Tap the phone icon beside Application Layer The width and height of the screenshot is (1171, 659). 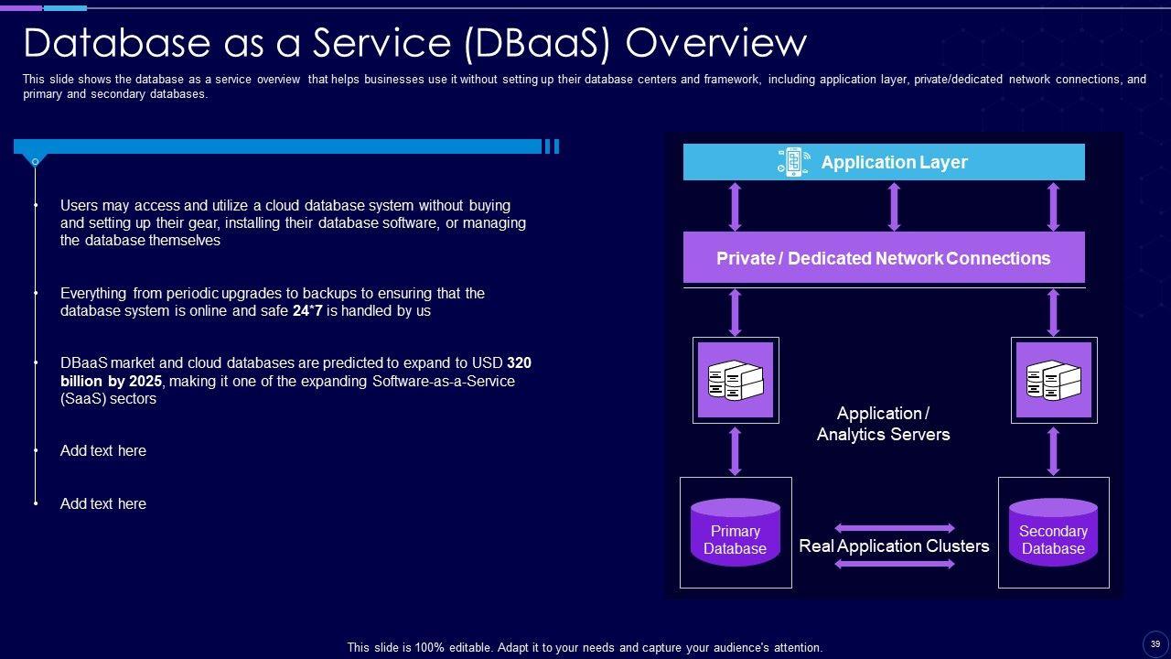[x=792, y=162]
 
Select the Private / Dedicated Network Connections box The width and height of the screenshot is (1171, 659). [x=883, y=258]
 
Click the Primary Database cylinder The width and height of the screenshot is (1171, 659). [x=736, y=533]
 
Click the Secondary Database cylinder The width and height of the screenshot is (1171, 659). [x=1053, y=533]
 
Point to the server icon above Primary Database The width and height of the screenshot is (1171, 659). [x=736, y=380]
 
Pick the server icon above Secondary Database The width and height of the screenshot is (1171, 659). [x=1054, y=380]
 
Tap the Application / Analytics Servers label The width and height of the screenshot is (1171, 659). [x=883, y=424]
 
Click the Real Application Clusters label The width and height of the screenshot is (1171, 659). [x=894, y=546]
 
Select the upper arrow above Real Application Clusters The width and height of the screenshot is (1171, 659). [x=894, y=528]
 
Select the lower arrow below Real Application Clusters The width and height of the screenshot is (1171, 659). [x=894, y=564]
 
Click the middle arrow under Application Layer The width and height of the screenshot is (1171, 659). [x=894, y=206]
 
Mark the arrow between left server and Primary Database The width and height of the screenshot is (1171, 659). [x=736, y=450]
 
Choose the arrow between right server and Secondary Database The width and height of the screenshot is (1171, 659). [x=1053, y=450]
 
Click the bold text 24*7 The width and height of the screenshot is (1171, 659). [x=308, y=311]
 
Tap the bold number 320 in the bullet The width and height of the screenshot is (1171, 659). [x=519, y=363]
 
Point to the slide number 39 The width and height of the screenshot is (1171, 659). [x=1155, y=643]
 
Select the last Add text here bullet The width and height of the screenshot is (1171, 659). [x=102, y=503]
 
